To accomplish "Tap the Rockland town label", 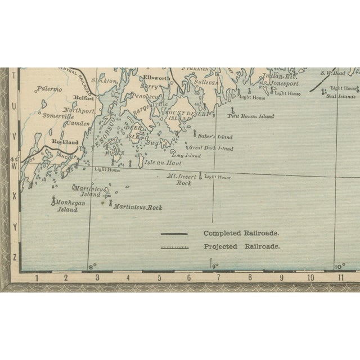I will pyautogui.click(x=65, y=142).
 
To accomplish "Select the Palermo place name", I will pyautogui.click(x=49, y=89).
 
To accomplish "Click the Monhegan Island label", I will pyautogui.click(x=70, y=202).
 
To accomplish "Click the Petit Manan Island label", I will pyautogui.click(x=250, y=116).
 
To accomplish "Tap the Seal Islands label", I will pyautogui.click(x=340, y=96).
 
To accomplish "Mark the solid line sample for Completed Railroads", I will pyautogui.click(x=174, y=233).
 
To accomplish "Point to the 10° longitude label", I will pyautogui.click(x=340, y=267).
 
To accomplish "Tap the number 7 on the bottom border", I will pyautogui.click(x=218, y=277).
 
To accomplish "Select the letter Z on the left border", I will pyautogui.click(x=15, y=257).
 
